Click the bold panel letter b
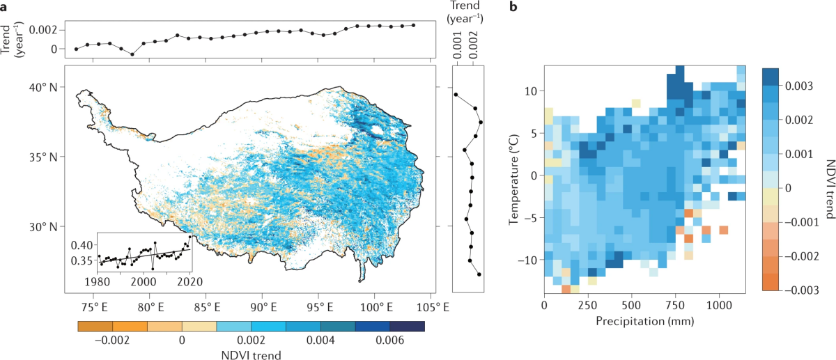point(514,8)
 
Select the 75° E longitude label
point(93,306)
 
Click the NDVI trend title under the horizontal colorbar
point(251,354)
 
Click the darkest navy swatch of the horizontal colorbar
point(407,325)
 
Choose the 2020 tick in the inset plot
point(180,281)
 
